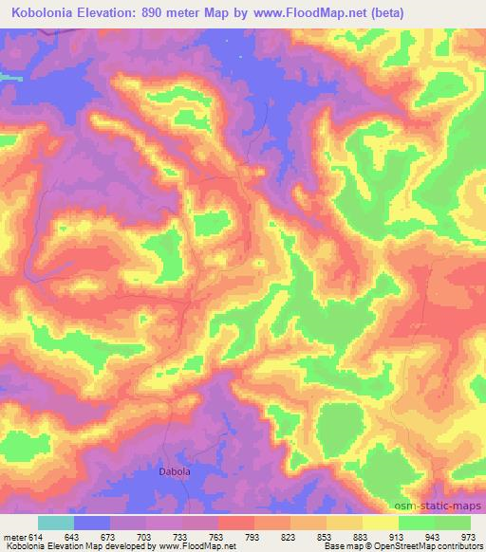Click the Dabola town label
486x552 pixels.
[x=174, y=470]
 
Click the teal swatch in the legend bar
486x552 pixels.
[x=56, y=523]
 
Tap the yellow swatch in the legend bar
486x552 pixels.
[x=381, y=523]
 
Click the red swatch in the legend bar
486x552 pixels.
[x=236, y=523]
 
